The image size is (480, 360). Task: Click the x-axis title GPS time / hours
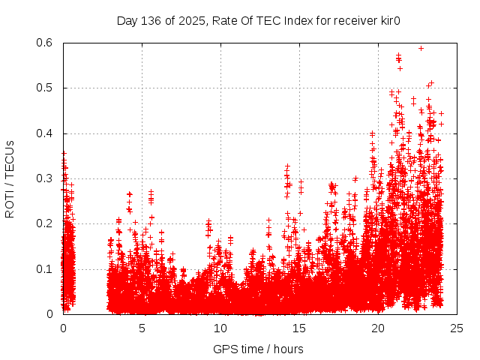258,349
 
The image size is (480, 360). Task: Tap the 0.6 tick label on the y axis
46,43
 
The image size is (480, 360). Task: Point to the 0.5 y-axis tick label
46,88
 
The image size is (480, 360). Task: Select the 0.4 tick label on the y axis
46,133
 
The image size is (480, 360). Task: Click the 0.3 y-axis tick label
46,178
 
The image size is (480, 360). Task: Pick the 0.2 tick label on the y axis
46,223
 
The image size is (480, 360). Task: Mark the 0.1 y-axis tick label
46,269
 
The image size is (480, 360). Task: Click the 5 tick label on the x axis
142,328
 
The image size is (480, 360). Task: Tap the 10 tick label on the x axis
220,328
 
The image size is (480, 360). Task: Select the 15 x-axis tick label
299,328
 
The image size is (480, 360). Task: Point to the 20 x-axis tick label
378,328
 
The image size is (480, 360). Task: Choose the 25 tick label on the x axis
457,328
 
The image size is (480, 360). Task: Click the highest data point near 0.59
421,48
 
